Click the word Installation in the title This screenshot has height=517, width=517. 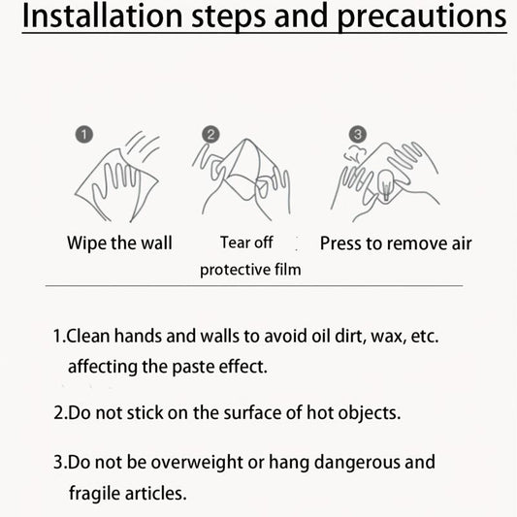102,16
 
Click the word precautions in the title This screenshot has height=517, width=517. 422,18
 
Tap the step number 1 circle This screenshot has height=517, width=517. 84,135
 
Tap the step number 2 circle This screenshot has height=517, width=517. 210,135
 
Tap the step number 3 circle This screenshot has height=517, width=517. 358,135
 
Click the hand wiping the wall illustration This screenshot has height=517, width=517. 117,178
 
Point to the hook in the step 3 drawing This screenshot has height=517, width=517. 386,185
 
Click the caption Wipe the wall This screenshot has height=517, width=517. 119,243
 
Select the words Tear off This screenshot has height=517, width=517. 246,242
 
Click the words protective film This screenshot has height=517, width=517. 250,270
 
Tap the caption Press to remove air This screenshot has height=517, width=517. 396,244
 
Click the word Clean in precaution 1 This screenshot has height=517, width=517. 87,336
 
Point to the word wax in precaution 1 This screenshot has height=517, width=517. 388,337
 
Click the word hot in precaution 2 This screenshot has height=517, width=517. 320,412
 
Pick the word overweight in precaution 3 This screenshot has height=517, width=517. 197,463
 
